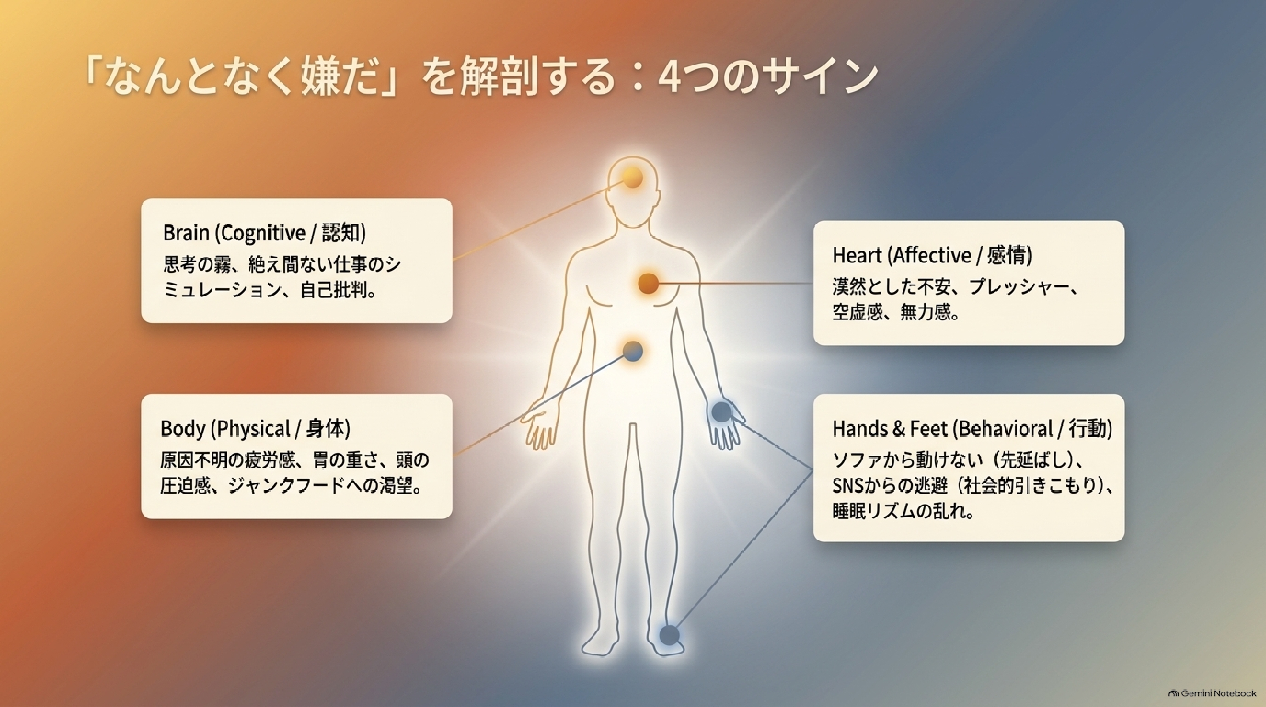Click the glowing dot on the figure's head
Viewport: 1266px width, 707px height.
click(x=633, y=178)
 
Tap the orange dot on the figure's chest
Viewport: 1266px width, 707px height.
click(x=648, y=283)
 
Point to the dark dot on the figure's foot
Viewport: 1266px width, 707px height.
click(x=669, y=635)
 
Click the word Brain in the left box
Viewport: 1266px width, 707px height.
click(x=186, y=233)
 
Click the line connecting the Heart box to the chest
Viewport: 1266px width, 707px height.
click(x=736, y=283)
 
